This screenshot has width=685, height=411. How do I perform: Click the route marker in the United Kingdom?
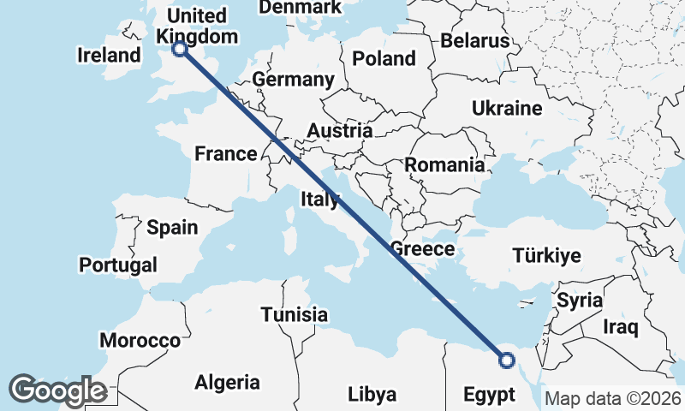180,49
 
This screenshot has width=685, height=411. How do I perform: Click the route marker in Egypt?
507,360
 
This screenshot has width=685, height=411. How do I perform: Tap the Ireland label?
109,56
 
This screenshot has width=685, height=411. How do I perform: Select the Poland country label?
384,58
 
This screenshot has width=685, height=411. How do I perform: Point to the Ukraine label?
507,109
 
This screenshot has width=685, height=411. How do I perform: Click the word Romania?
444,164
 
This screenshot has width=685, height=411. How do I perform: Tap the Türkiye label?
546,255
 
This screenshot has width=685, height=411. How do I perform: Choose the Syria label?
580,301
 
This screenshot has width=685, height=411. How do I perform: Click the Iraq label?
622,326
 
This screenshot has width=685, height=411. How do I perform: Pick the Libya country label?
372,395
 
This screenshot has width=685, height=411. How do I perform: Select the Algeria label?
227,382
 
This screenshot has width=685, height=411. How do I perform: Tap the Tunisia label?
295,314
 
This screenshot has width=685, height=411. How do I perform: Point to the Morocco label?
140,340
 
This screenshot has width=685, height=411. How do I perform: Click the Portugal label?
118,265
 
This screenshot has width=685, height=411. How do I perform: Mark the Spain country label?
172,228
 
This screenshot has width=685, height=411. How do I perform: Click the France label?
226,154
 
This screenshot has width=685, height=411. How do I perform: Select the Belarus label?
475,40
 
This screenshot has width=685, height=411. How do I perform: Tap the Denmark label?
300,8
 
